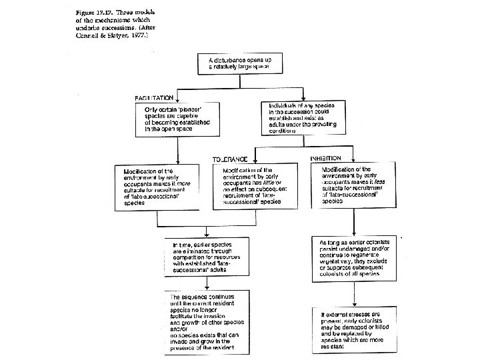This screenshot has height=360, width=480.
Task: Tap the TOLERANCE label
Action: [x=229, y=159]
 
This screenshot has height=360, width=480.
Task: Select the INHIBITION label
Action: [x=325, y=158]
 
